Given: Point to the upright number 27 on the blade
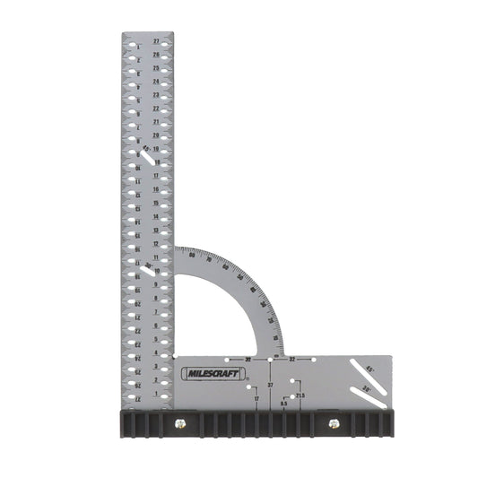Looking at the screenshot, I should coord(156,41).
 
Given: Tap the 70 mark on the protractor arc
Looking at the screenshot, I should coord(211,260).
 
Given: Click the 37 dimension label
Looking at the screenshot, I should coord(270,385).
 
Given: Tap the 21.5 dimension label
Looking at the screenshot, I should coord(300,395).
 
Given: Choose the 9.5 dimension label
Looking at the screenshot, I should coord(283,404).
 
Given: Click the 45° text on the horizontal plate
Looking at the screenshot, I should coord(370,369).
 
